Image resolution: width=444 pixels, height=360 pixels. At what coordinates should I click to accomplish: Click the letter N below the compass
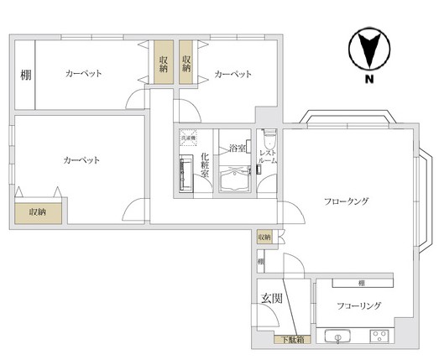tap(368, 80)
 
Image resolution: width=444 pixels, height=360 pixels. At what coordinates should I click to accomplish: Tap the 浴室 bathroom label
tap(238, 149)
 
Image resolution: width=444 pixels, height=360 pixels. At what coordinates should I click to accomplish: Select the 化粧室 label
tap(205, 165)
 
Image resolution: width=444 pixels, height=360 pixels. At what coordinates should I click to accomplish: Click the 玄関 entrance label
tap(270, 299)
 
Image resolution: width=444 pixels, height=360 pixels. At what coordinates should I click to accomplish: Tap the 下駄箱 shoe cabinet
tap(291, 340)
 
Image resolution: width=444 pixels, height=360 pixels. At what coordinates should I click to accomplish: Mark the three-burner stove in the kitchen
tap(380, 338)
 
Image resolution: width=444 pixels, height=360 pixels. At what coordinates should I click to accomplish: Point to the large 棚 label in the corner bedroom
tap(25, 74)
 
